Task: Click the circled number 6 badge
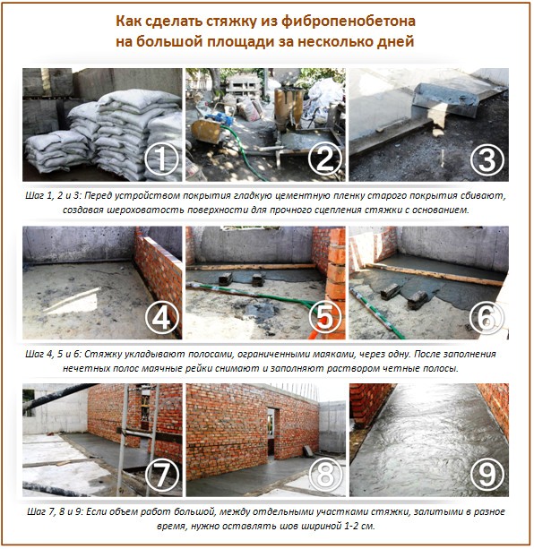click(x=485, y=315)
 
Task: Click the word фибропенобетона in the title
click(x=358, y=20)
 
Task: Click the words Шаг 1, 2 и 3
click(x=59, y=193)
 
